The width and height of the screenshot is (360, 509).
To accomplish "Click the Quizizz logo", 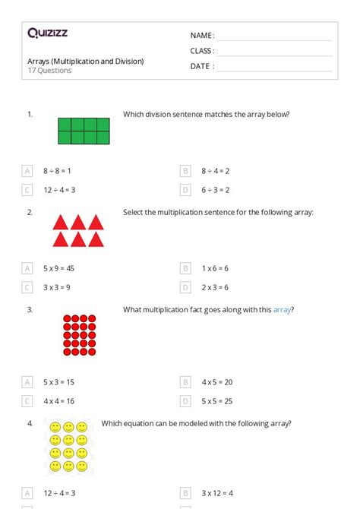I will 47,33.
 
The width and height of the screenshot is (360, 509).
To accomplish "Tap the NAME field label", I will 201,36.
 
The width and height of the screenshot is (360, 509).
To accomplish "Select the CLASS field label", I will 202,51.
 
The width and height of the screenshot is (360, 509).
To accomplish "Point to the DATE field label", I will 201,66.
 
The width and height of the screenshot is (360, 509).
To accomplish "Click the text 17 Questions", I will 49,71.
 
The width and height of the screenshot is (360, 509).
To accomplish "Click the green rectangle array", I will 84,131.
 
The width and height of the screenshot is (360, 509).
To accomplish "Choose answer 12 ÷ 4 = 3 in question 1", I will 59,190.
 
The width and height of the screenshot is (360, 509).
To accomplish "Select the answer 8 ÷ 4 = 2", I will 215,171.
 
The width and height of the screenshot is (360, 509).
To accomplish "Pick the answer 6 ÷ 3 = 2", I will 215,190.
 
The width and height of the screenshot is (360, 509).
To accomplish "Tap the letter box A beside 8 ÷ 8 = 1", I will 27,171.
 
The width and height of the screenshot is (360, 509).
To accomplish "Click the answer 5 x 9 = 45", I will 58,268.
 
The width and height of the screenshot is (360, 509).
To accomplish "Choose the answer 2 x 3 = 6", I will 215,287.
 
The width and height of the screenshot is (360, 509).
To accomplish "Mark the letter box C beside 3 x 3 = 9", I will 27,287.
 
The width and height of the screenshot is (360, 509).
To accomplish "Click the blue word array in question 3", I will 282,309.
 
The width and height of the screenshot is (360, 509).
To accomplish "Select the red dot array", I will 79,335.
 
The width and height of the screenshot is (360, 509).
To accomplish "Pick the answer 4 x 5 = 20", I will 216,382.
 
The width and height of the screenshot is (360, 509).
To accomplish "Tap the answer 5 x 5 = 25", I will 216,401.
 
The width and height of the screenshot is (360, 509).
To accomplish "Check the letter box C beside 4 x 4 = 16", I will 27,401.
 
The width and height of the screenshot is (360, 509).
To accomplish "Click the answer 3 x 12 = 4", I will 216,493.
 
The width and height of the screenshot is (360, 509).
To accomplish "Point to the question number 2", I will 30,212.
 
